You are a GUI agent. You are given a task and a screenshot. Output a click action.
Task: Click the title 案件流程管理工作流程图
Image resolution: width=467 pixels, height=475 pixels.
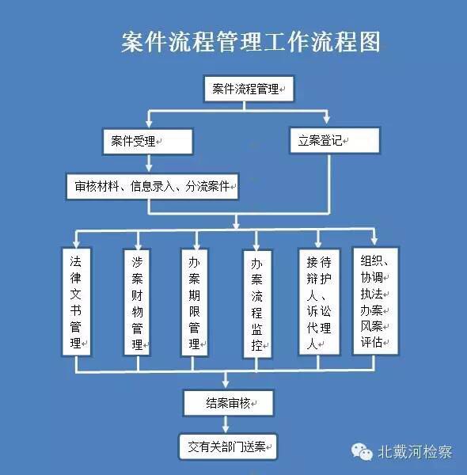[x=250, y=41]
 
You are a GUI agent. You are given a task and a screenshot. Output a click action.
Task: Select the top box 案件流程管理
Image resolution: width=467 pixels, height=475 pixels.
[x=249, y=89]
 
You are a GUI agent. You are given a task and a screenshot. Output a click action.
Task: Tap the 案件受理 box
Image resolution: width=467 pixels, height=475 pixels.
[x=148, y=142]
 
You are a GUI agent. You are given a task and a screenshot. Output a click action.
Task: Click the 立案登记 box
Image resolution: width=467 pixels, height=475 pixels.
[x=335, y=140]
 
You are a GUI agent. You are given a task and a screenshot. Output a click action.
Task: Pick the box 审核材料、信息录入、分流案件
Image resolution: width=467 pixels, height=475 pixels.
[x=152, y=186]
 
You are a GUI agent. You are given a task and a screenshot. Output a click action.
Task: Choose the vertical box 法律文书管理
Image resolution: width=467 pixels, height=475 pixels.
[x=76, y=302]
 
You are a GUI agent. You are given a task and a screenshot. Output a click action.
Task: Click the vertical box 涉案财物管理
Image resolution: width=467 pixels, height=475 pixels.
[x=137, y=302]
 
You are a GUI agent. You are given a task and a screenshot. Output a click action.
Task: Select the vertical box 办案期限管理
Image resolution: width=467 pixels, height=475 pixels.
[x=195, y=302]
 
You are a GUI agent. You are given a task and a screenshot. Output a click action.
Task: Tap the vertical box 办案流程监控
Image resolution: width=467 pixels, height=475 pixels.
[x=257, y=304]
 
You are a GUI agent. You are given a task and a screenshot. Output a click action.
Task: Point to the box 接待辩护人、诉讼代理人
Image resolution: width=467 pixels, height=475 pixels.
[x=319, y=302]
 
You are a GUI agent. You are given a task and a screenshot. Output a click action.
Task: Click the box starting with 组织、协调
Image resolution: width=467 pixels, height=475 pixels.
[x=375, y=301]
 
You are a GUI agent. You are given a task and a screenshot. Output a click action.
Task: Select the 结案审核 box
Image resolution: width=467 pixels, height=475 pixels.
[x=229, y=403]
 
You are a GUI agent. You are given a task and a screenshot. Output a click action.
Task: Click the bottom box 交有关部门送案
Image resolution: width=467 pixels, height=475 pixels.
[x=228, y=446]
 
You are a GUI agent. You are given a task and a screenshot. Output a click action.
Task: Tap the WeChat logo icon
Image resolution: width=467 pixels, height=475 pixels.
[x=362, y=452]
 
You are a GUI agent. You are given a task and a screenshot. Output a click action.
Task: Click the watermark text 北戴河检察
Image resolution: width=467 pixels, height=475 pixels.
[x=415, y=452]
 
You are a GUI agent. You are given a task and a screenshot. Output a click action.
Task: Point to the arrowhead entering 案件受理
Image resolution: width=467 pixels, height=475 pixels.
[x=149, y=124]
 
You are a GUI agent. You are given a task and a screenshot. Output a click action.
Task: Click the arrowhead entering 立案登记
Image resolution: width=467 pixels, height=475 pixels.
[x=326, y=119]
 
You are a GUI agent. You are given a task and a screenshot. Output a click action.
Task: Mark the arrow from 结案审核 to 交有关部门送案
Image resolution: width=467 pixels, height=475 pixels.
[x=226, y=424]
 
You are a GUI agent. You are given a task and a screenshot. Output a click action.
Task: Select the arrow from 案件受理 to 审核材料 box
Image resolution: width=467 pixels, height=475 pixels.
[x=149, y=164]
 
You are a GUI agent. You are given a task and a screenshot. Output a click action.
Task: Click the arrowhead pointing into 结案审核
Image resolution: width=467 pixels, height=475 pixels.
[x=226, y=383]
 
